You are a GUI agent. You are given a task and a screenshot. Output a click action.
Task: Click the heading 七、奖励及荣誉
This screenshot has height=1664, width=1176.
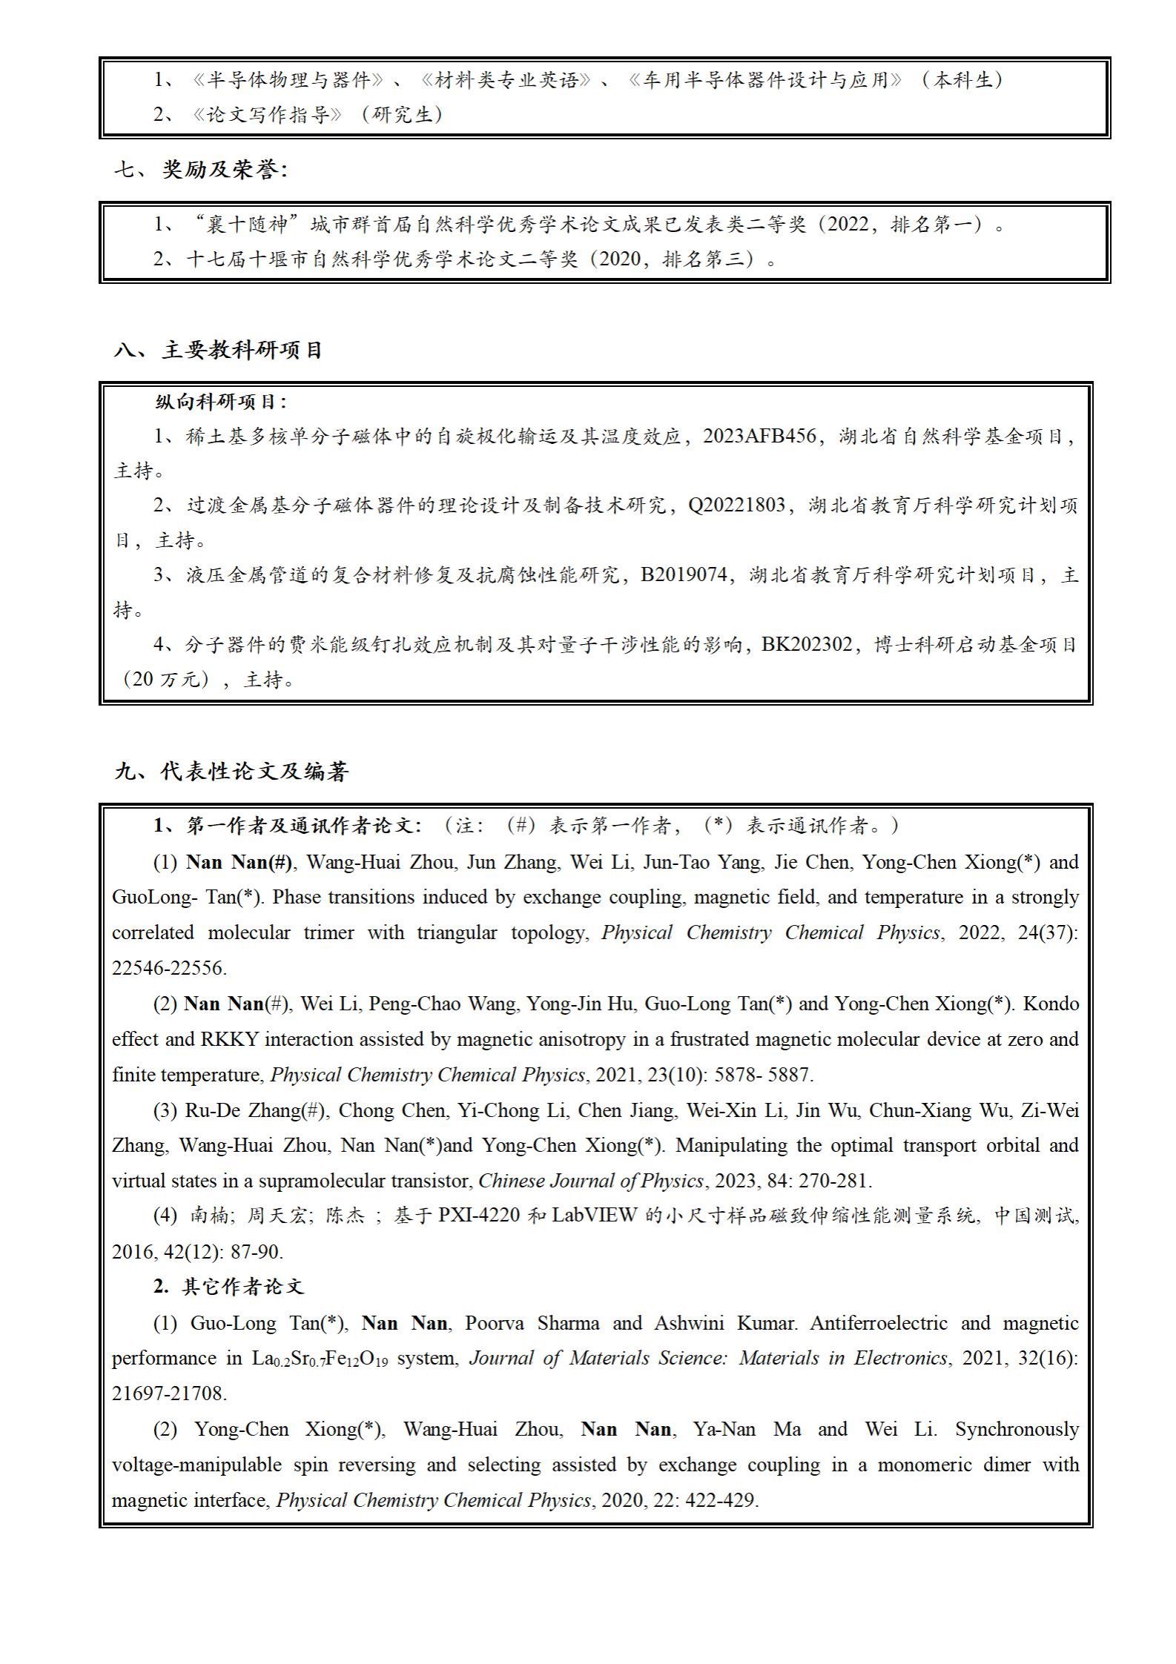[200, 170]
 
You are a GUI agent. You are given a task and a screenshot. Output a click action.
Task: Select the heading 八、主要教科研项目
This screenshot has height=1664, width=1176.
[218, 350]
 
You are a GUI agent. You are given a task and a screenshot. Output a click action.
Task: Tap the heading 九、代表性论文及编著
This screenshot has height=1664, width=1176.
[231, 772]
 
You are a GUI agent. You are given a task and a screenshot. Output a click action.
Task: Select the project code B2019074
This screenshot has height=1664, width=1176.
[683, 574]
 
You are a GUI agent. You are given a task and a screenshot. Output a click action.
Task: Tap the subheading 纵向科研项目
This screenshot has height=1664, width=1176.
[220, 402]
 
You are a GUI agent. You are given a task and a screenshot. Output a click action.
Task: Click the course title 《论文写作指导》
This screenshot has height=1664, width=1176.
[268, 114]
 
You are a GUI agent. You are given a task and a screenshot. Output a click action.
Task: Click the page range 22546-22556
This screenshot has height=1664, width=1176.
[169, 967]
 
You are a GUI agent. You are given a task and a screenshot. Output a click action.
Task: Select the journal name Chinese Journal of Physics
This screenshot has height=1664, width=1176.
[591, 1180]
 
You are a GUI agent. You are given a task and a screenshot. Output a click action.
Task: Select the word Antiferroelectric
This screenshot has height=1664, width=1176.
[879, 1323]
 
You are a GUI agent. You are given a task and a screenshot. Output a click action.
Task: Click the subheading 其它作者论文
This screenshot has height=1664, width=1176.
[242, 1287]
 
